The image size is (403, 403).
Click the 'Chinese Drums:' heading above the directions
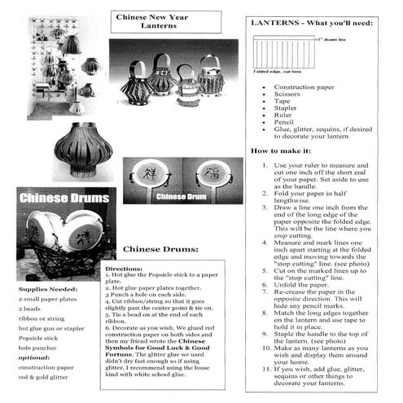pos(159,249)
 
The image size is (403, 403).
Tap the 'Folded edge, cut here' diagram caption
pos(279,72)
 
